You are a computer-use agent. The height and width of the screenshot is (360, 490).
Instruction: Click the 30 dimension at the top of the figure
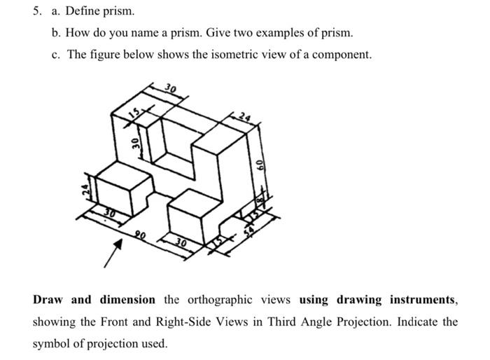170,89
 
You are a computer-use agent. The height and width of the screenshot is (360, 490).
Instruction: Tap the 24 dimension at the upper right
244,115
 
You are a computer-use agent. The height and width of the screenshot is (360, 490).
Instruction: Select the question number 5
38,11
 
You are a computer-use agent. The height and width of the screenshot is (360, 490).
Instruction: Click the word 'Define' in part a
82,11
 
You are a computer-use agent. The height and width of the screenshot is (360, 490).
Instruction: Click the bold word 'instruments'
419,300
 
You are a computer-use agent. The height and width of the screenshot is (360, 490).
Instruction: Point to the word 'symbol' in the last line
52,344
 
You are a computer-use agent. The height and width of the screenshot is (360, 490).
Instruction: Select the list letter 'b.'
57,33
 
